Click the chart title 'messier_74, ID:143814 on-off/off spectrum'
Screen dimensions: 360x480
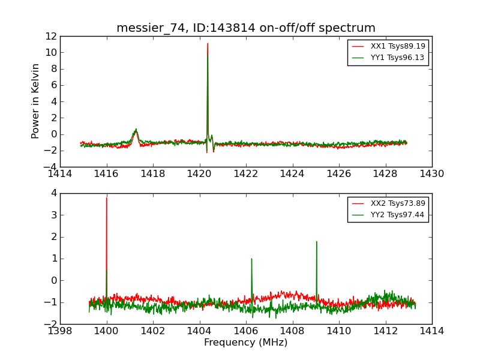pyautogui.click(x=246, y=28)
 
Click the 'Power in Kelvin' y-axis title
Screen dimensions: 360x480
pyautogui.click(x=36, y=101)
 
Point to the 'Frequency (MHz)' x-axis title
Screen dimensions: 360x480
pyautogui.click(x=246, y=343)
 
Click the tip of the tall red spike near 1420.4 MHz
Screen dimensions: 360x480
pyautogui.click(x=208, y=43)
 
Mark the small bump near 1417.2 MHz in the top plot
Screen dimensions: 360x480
pyautogui.click(x=136, y=130)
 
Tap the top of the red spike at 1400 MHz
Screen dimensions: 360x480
pyautogui.click(x=107, y=198)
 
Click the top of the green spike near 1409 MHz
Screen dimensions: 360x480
pyautogui.click(x=316, y=242)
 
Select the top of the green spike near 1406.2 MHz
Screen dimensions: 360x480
pyautogui.click(x=251, y=259)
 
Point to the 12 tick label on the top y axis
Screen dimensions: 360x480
pyautogui.click(x=50, y=36)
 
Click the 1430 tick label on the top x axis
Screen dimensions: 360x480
pyautogui.click(x=432, y=174)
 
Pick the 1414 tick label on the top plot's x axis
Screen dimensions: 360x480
pyautogui.click(x=60, y=174)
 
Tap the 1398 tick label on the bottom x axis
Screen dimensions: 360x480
pyautogui.click(x=60, y=331)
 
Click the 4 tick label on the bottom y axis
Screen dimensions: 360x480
pyautogui.click(x=53, y=193)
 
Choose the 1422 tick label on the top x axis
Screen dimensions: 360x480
pyautogui.click(x=246, y=174)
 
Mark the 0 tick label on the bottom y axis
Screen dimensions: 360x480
pyautogui.click(x=53, y=280)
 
